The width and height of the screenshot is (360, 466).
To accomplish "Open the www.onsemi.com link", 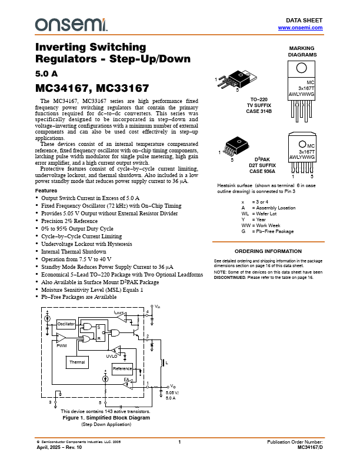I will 300,28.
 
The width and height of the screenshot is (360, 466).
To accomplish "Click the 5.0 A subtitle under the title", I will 47,74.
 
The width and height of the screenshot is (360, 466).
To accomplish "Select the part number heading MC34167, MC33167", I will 92,89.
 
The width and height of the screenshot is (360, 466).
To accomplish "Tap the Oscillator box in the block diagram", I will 66,324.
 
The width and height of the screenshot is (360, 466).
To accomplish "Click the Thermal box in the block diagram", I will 77,362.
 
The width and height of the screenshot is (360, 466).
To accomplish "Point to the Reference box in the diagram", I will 122,368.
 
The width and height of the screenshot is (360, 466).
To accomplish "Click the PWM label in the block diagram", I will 62,347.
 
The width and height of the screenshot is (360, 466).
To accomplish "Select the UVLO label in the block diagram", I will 111,356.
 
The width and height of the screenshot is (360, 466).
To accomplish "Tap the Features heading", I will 46,191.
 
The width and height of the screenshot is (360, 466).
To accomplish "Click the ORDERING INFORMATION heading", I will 268,251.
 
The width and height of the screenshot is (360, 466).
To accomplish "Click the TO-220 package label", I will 259,99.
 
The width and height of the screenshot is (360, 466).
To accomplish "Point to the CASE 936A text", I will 259,171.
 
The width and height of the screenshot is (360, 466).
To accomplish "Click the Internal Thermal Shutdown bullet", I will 79,251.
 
